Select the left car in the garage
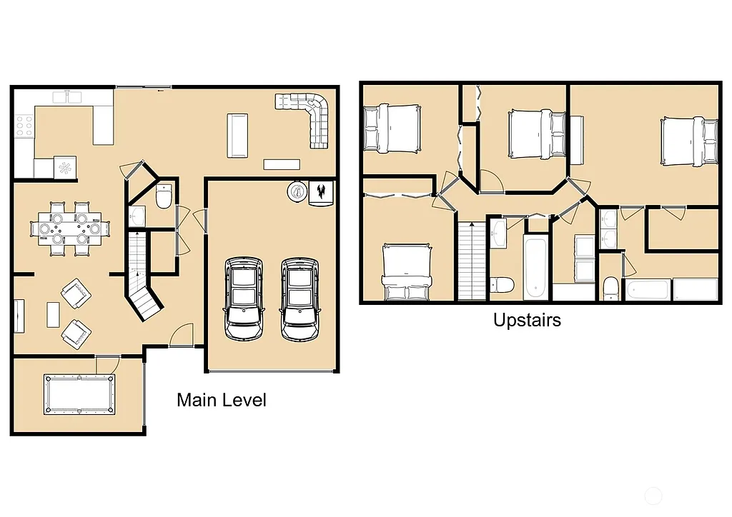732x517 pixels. click(x=242, y=299)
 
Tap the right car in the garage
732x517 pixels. click(x=299, y=299)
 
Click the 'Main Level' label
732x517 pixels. click(x=221, y=400)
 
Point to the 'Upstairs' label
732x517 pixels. click(x=527, y=320)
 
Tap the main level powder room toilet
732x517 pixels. click(x=164, y=196)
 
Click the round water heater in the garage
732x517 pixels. click(x=297, y=191)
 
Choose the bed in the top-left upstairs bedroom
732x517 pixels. click(x=391, y=129)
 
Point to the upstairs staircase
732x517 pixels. click(x=472, y=261)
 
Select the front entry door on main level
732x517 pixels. click(x=182, y=336)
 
